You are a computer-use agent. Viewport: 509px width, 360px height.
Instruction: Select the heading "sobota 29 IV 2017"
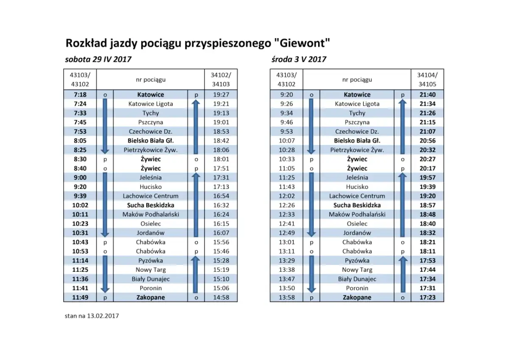(x=98, y=59)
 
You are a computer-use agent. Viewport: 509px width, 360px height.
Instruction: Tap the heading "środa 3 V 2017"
(x=299, y=59)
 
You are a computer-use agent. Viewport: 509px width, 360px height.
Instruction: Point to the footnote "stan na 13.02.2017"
(x=92, y=316)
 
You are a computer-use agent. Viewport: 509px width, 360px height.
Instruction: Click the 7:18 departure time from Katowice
(x=80, y=95)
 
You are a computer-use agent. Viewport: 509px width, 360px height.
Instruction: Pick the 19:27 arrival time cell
(x=221, y=95)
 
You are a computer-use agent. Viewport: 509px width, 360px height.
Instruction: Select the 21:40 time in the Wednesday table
(x=428, y=95)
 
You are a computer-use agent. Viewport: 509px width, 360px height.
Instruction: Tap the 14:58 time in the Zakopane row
(x=221, y=298)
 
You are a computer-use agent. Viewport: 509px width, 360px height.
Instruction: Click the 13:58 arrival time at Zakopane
(x=287, y=298)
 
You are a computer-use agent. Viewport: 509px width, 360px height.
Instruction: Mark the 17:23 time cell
(x=428, y=298)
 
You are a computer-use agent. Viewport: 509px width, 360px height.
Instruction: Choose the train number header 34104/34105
(x=428, y=79)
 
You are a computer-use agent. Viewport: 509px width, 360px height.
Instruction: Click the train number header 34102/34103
(x=221, y=79)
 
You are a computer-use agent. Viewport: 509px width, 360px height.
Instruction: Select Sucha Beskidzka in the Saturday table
(x=151, y=205)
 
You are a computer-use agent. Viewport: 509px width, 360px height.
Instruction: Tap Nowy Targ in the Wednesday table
(x=357, y=270)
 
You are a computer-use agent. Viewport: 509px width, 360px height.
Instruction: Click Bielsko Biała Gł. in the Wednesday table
(x=357, y=141)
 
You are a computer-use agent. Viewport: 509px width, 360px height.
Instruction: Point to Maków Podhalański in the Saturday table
(x=151, y=214)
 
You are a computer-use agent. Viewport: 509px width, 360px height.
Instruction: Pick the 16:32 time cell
(x=221, y=205)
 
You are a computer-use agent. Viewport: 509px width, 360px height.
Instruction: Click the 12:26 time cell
(x=287, y=205)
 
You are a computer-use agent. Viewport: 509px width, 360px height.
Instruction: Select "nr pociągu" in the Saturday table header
(x=151, y=79)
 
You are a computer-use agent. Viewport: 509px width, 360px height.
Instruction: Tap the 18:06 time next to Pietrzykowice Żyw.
(x=221, y=150)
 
